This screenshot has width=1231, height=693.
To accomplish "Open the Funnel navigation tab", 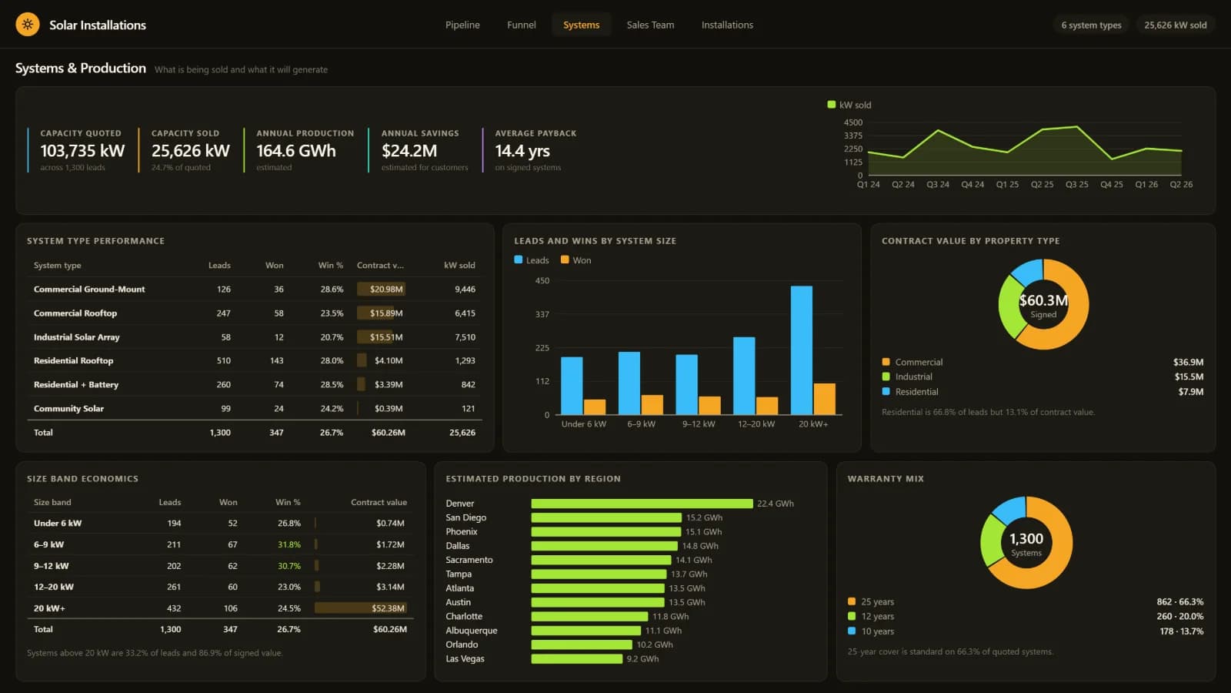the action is [521, 25].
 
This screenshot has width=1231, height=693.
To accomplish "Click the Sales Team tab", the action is [650, 25].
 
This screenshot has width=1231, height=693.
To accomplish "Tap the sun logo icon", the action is [28, 25].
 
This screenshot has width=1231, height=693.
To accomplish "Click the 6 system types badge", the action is [1091, 25].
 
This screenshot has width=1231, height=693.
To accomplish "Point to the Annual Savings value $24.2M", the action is [409, 151].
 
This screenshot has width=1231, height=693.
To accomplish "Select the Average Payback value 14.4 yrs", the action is [522, 151].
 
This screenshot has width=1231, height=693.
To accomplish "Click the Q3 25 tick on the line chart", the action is [1076, 185].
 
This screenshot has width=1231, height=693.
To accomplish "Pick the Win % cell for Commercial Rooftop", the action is [332, 313].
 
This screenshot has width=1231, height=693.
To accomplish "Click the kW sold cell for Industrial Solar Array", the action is [465, 337].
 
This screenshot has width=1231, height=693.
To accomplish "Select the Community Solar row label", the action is [68, 409].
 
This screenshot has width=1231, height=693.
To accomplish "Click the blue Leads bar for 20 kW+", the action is [801, 350].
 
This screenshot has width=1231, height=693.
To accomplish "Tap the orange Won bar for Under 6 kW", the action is [595, 407].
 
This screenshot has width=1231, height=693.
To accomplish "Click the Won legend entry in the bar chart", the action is [576, 260].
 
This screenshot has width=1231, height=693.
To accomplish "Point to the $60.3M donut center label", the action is [1043, 300].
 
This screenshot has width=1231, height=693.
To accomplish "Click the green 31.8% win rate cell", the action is [289, 544].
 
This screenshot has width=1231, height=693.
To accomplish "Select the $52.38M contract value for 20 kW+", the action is [388, 608].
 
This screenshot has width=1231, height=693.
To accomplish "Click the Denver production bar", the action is [642, 504].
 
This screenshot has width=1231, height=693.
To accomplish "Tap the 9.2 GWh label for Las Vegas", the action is [642, 659].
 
